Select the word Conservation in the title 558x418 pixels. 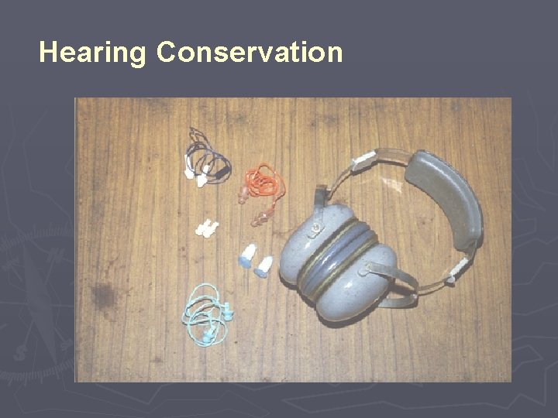250,53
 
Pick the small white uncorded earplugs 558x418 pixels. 206,228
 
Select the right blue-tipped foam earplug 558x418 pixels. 265,266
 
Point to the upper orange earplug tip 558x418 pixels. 243,199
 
